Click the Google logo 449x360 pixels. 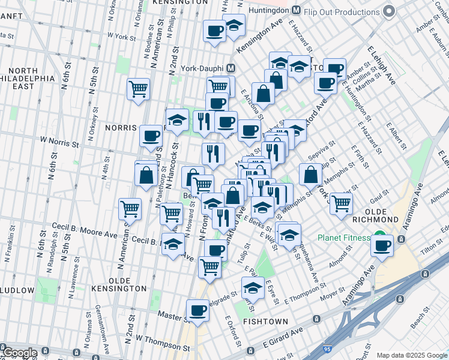(19, 352)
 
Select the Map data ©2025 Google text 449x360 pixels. (411, 355)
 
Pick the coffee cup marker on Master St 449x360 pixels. (197, 310)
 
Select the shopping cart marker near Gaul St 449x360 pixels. (341, 203)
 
